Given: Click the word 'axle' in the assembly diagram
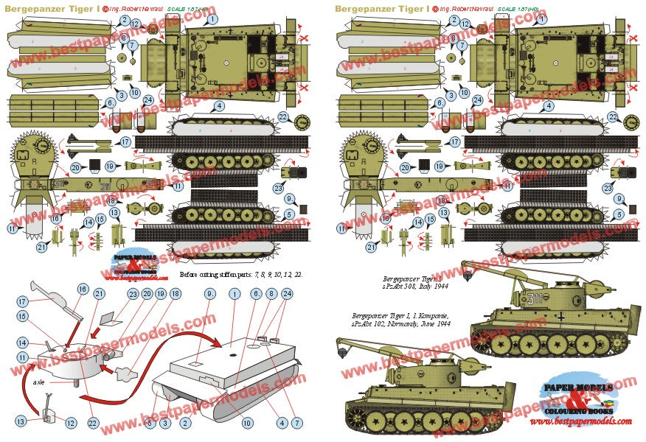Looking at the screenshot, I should [39, 382].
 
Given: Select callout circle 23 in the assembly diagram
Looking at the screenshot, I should [133, 293].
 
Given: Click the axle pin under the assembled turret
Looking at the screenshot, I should [76, 382].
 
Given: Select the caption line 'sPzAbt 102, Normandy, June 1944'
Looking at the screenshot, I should [400, 323].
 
